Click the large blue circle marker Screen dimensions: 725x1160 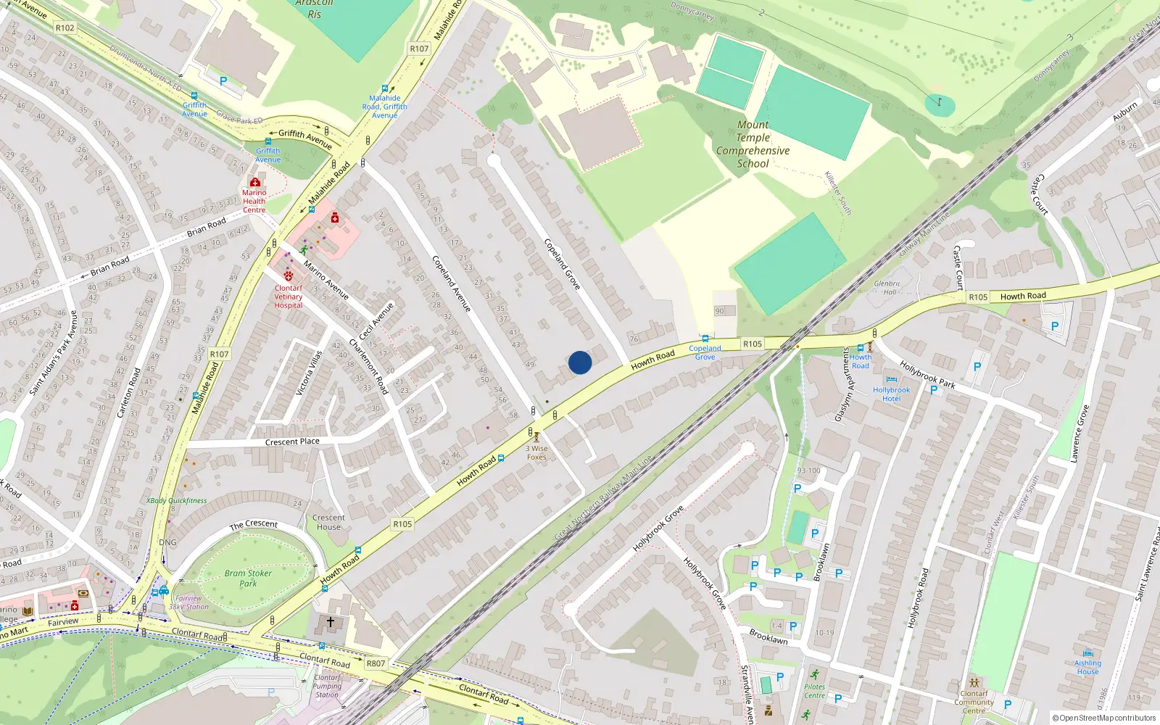click(x=580, y=362)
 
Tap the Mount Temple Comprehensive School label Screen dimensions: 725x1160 click(x=753, y=144)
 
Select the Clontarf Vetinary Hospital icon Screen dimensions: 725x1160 click(x=289, y=276)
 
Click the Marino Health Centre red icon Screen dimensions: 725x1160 click(x=254, y=182)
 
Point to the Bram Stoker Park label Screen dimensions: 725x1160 click(x=248, y=578)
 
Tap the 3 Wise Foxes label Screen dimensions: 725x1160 click(x=536, y=452)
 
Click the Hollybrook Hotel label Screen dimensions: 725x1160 click(x=891, y=394)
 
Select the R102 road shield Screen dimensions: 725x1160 click(x=65, y=28)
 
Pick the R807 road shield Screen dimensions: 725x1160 click(x=376, y=663)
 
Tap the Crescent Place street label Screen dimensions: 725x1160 click(x=292, y=442)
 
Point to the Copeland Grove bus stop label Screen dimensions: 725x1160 click(x=705, y=352)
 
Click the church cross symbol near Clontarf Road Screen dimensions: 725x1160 click(x=331, y=622)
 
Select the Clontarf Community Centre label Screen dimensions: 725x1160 click(x=974, y=702)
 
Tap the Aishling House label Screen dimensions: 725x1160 click(x=1087, y=667)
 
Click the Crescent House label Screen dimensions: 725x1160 click(x=328, y=522)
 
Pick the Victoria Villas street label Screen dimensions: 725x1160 click(x=308, y=373)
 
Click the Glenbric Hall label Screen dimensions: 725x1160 click(x=887, y=288)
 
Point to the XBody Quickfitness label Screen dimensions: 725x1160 click(x=176, y=500)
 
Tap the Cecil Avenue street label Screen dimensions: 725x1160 click(x=376, y=321)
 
